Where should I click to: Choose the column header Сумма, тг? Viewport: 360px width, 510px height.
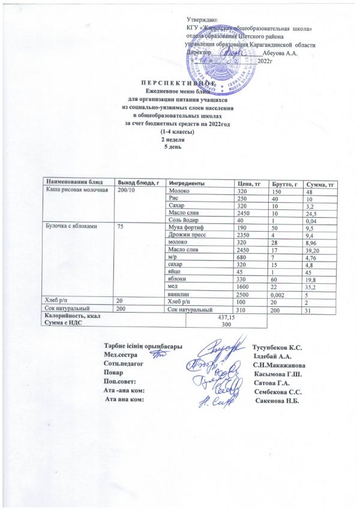pos(319,182)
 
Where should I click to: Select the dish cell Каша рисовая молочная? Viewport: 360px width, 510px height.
pos(73,190)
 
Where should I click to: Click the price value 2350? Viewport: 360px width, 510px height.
pos(244,236)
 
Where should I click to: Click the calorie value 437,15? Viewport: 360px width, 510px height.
pos(227,317)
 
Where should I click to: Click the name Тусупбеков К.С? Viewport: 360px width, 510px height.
pos(277,347)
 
